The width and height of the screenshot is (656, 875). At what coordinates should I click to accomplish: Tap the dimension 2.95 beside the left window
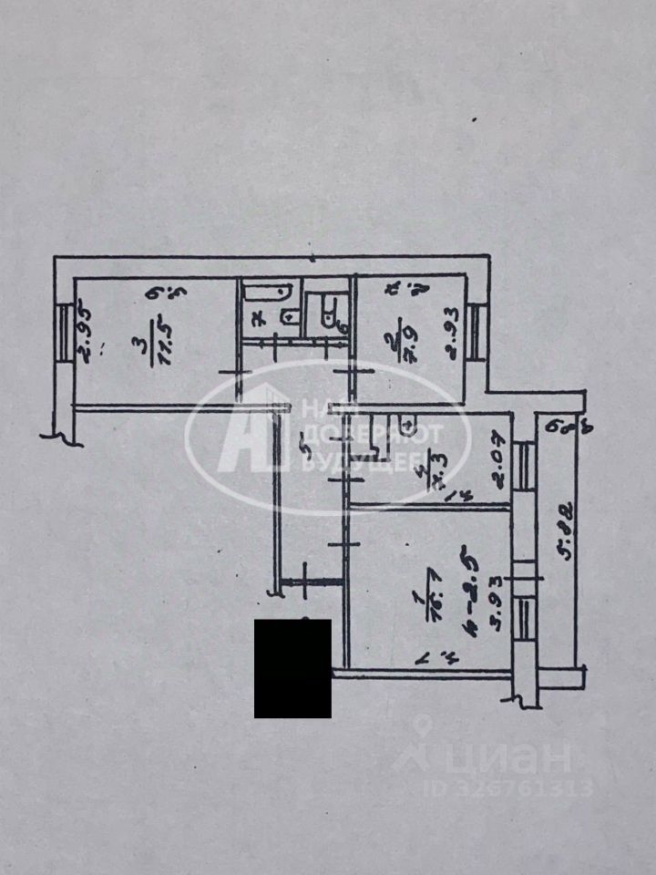click(x=82, y=335)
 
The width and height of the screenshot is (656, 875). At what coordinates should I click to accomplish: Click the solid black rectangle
click(x=292, y=668)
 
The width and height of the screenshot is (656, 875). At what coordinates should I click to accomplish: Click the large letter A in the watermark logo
click(x=244, y=433)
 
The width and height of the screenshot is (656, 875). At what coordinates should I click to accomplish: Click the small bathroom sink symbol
click(x=290, y=316)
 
